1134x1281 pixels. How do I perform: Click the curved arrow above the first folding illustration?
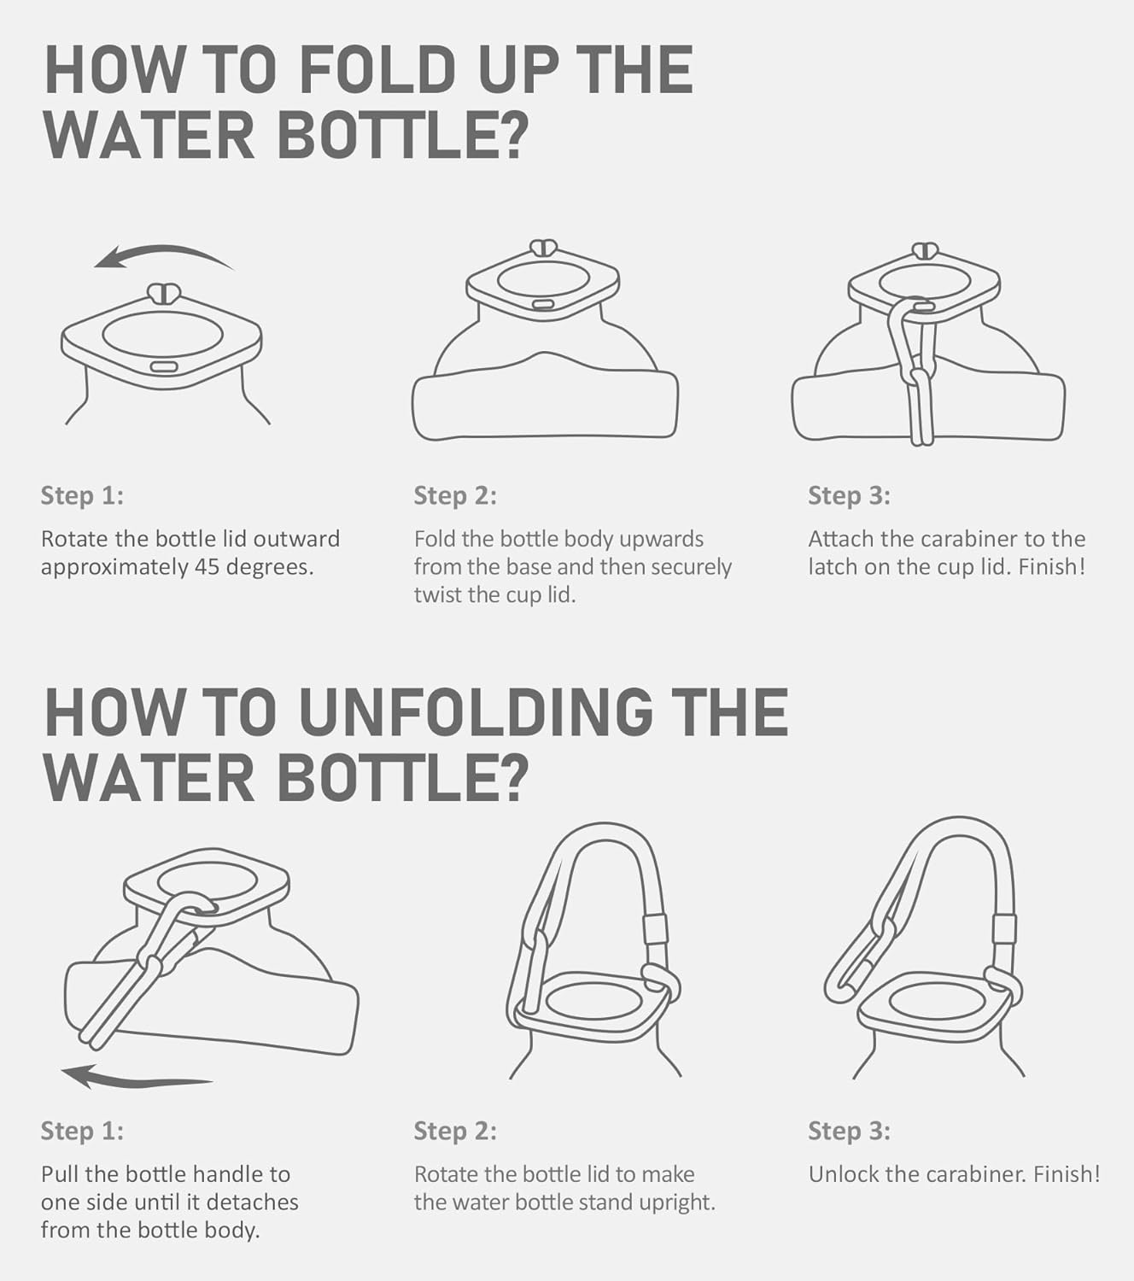pos(163,255)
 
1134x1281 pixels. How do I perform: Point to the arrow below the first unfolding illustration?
pos(137,1075)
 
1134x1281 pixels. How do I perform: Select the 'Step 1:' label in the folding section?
pos(82,495)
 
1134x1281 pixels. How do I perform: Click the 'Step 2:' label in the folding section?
pos(455,495)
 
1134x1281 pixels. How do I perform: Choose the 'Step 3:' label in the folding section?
pos(849,495)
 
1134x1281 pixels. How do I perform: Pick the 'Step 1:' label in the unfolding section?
pos(82,1132)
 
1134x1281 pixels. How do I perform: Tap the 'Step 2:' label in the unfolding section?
pos(455,1132)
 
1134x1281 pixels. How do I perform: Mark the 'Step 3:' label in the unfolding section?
pos(849,1132)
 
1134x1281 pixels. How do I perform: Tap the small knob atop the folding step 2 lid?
pos(543,247)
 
